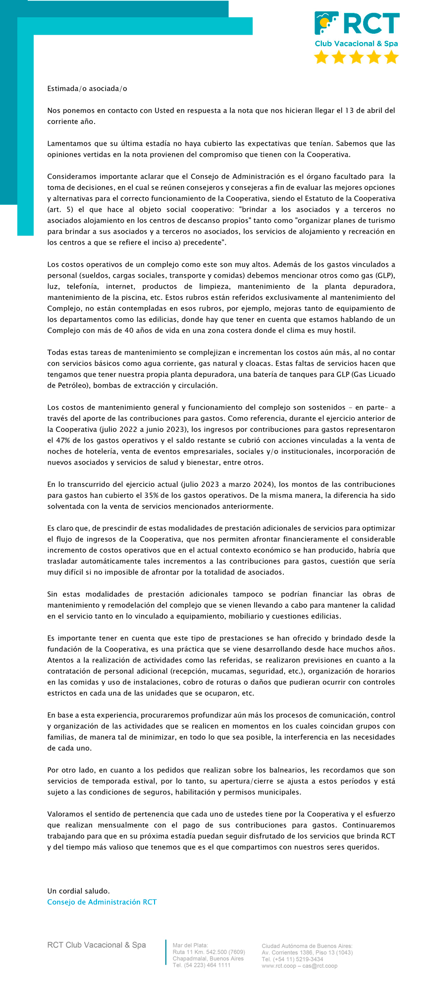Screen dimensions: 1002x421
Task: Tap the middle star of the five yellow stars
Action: (356, 57)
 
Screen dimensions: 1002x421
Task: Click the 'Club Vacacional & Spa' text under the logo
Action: (356, 44)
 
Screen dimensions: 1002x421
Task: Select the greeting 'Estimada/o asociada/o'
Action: (87, 89)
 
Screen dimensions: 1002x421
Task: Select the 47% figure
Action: (61, 440)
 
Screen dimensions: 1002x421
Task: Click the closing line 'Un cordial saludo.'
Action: (78, 891)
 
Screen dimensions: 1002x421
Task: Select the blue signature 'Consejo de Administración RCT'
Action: (102, 902)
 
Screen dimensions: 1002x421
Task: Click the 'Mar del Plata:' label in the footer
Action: (191, 945)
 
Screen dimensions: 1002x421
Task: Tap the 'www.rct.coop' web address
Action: (278, 966)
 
